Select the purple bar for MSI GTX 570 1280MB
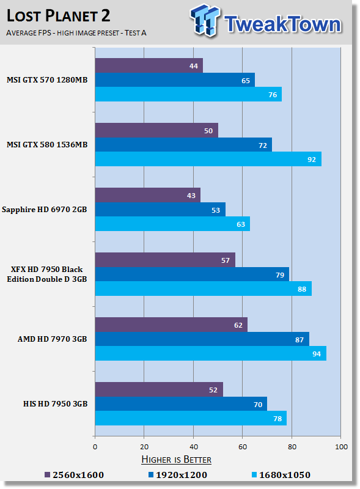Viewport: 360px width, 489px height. pyautogui.click(x=149, y=65)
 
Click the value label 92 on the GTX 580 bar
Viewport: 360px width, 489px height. pyautogui.click(x=310, y=160)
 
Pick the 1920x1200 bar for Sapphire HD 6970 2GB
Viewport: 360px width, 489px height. pyautogui.click(x=160, y=210)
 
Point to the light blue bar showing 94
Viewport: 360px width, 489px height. pyautogui.click(x=210, y=354)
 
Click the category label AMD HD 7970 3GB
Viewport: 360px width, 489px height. pyautogui.click(x=51, y=339)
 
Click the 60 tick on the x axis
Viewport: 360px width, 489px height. pyautogui.click(x=243, y=447)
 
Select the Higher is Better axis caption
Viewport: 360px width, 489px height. pyautogui.click(x=176, y=459)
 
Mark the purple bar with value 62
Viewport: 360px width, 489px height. pyautogui.click(x=171, y=325)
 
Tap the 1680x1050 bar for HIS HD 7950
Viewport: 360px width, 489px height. pyautogui.click(x=190, y=419)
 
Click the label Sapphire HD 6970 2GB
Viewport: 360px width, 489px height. pyautogui.click(x=47, y=210)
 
